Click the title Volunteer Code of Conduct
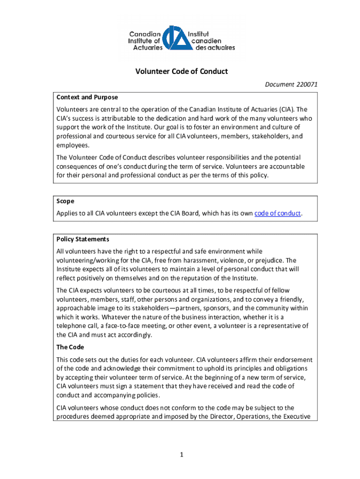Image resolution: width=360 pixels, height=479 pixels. click(x=181, y=72)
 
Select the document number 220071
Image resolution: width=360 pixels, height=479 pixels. click(x=307, y=85)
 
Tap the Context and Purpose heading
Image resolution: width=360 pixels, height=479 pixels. click(x=87, y=97)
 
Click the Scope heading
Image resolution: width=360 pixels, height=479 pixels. click(x=65, y=201)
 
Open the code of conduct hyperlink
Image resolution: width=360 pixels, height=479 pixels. click(x=277, y=214)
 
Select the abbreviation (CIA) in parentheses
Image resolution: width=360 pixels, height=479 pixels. click(x=290, y=110)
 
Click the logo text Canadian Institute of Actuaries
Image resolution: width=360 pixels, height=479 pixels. click(x=146, y=41)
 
